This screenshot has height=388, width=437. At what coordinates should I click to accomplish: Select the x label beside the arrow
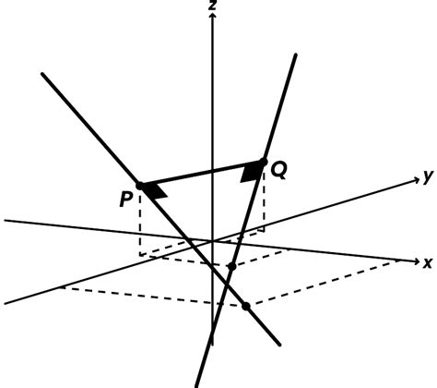428,261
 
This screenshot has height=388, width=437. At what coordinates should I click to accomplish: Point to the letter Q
278,170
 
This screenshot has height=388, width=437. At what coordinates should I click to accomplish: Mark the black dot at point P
140,186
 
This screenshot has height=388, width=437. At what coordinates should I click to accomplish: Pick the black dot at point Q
265,162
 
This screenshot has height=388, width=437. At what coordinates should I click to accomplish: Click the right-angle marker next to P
157,191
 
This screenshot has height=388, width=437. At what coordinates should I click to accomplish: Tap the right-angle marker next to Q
250,173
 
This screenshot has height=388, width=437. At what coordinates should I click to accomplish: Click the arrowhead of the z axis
213,18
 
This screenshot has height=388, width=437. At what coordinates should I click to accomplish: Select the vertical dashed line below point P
140,222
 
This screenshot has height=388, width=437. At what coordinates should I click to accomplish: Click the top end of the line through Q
294,56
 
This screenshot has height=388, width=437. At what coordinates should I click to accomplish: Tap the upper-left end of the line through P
43,73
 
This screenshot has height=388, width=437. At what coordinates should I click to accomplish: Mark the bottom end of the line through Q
197,384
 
